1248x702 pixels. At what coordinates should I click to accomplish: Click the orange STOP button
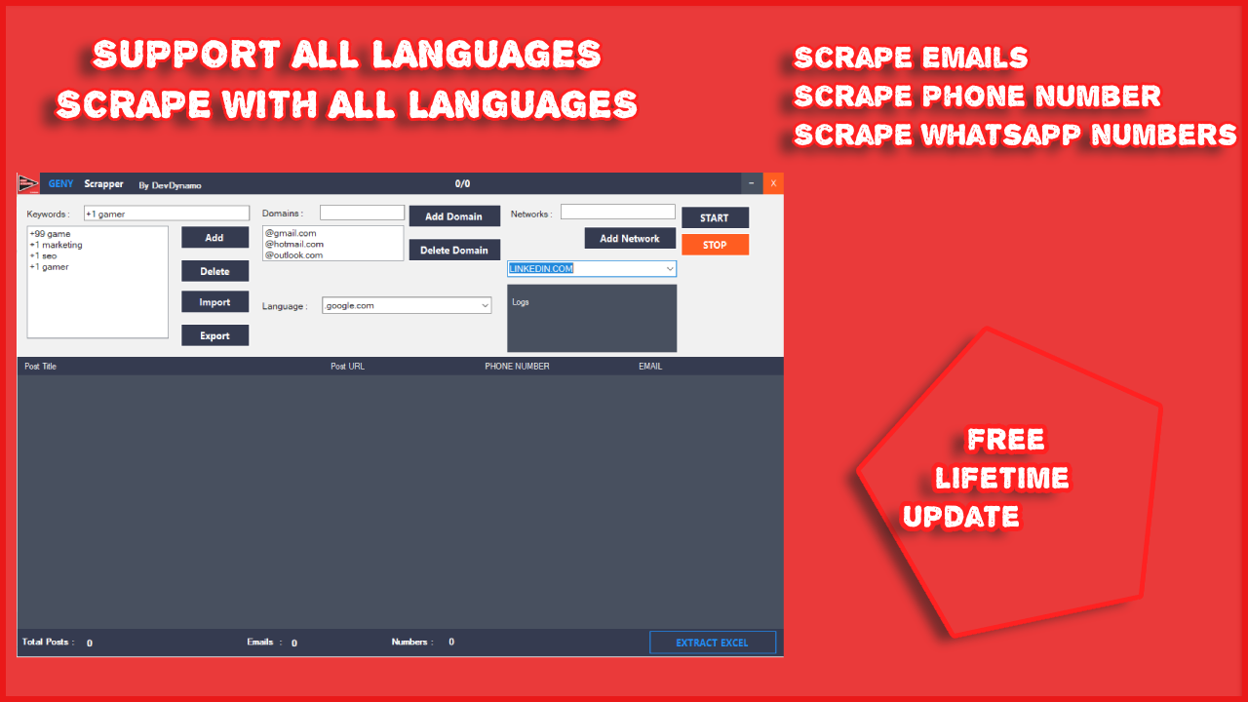point(715,245)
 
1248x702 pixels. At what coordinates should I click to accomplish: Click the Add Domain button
point(454,216)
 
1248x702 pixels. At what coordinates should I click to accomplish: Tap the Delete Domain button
point(454,251)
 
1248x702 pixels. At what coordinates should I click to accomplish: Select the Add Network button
point(630,239)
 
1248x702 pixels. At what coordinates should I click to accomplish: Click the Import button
point(214,302)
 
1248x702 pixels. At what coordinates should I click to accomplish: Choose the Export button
point(214,335)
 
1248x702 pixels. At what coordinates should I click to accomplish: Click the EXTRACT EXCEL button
point(713,643)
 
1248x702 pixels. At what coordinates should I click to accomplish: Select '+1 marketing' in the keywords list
point(57,246)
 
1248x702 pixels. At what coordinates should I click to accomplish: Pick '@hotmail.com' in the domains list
point(294,245)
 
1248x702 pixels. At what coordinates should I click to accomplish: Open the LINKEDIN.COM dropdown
point(592,269)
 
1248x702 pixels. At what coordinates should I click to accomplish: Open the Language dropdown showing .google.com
point(407,306)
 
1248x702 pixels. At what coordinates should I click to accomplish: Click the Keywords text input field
point(167,214)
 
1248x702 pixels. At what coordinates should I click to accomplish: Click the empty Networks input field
point(617,212)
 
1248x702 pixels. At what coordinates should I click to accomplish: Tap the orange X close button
point(773,183)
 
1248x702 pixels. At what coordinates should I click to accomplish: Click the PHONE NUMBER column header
point(517,367)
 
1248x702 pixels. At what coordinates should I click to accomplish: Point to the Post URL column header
point(347,367)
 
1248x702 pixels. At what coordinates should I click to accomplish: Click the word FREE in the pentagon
point(1005,440)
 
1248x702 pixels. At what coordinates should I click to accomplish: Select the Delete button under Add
point(214,271)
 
